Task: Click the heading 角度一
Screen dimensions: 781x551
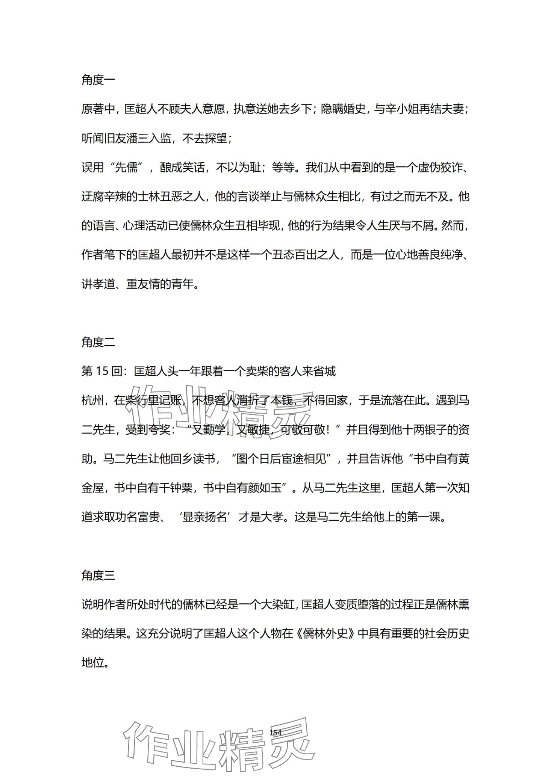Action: tap(98, 80)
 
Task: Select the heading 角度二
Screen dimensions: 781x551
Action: tap(98, 342)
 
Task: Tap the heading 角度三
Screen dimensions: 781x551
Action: tap(98, 576)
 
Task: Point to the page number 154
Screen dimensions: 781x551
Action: tap(275, 733)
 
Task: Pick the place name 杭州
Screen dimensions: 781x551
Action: tap(92, 401)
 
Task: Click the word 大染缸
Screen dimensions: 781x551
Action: tap(278, 605)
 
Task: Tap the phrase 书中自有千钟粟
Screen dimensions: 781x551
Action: tap(155, 488)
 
